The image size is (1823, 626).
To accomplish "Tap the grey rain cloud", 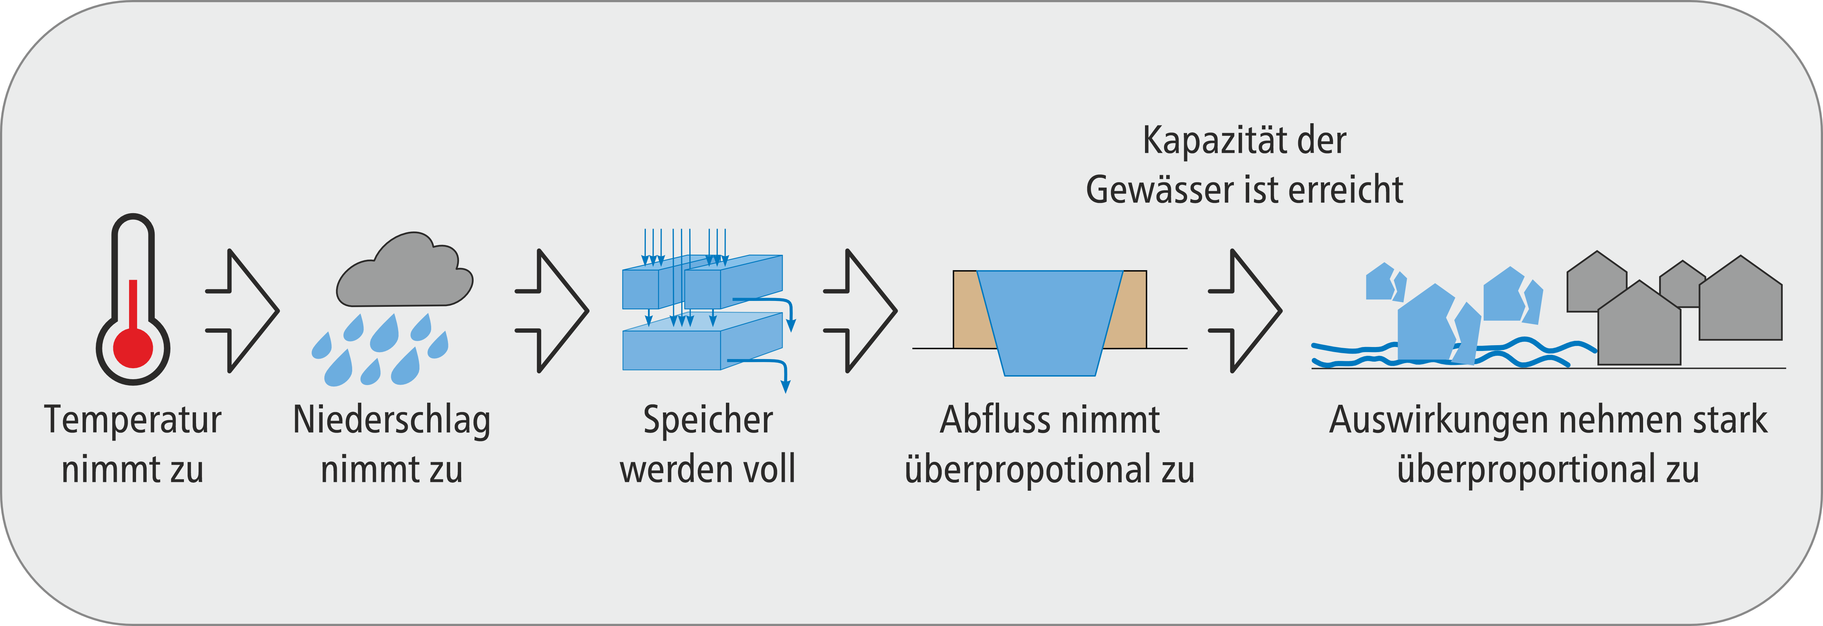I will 403,276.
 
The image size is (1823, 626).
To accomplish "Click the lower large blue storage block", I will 672,350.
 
